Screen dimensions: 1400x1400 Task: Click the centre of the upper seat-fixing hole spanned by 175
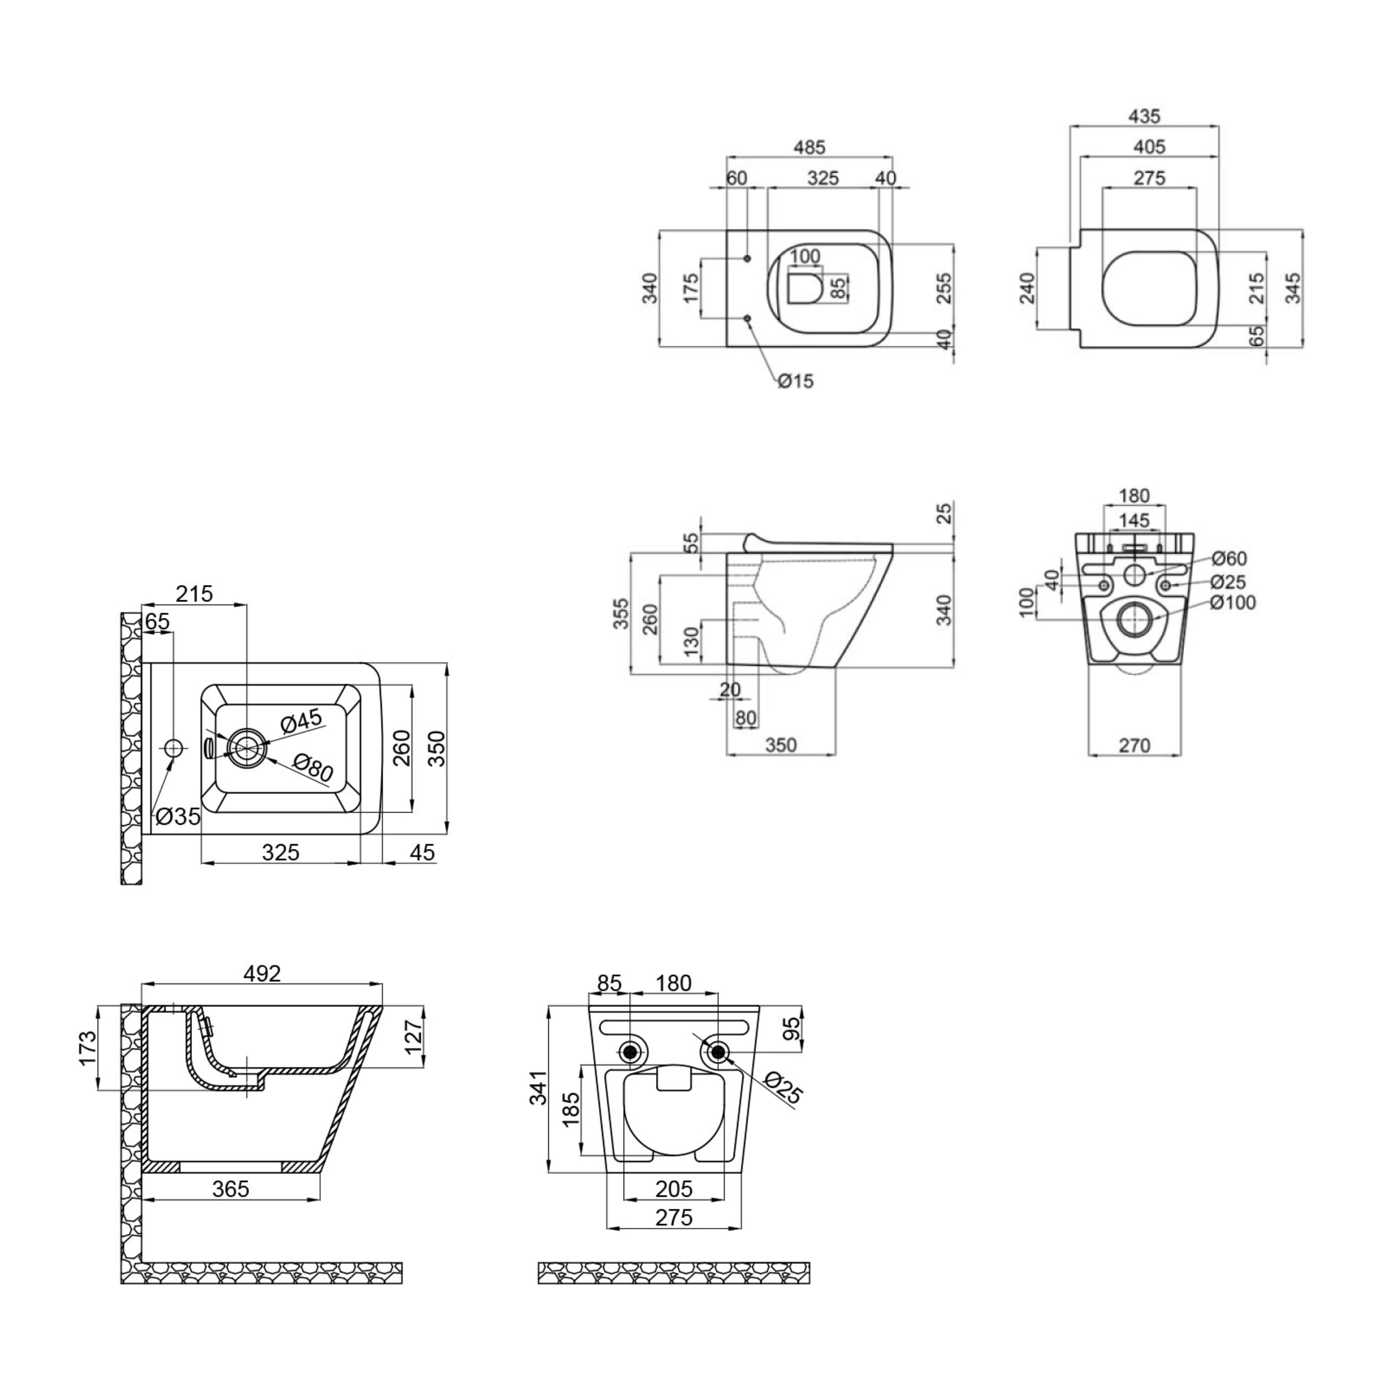point(747,259)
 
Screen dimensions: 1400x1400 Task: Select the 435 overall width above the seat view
point(1145,116)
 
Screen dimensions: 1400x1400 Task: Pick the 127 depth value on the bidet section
point(412,1037)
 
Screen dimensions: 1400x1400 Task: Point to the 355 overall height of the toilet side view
point(621,613)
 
